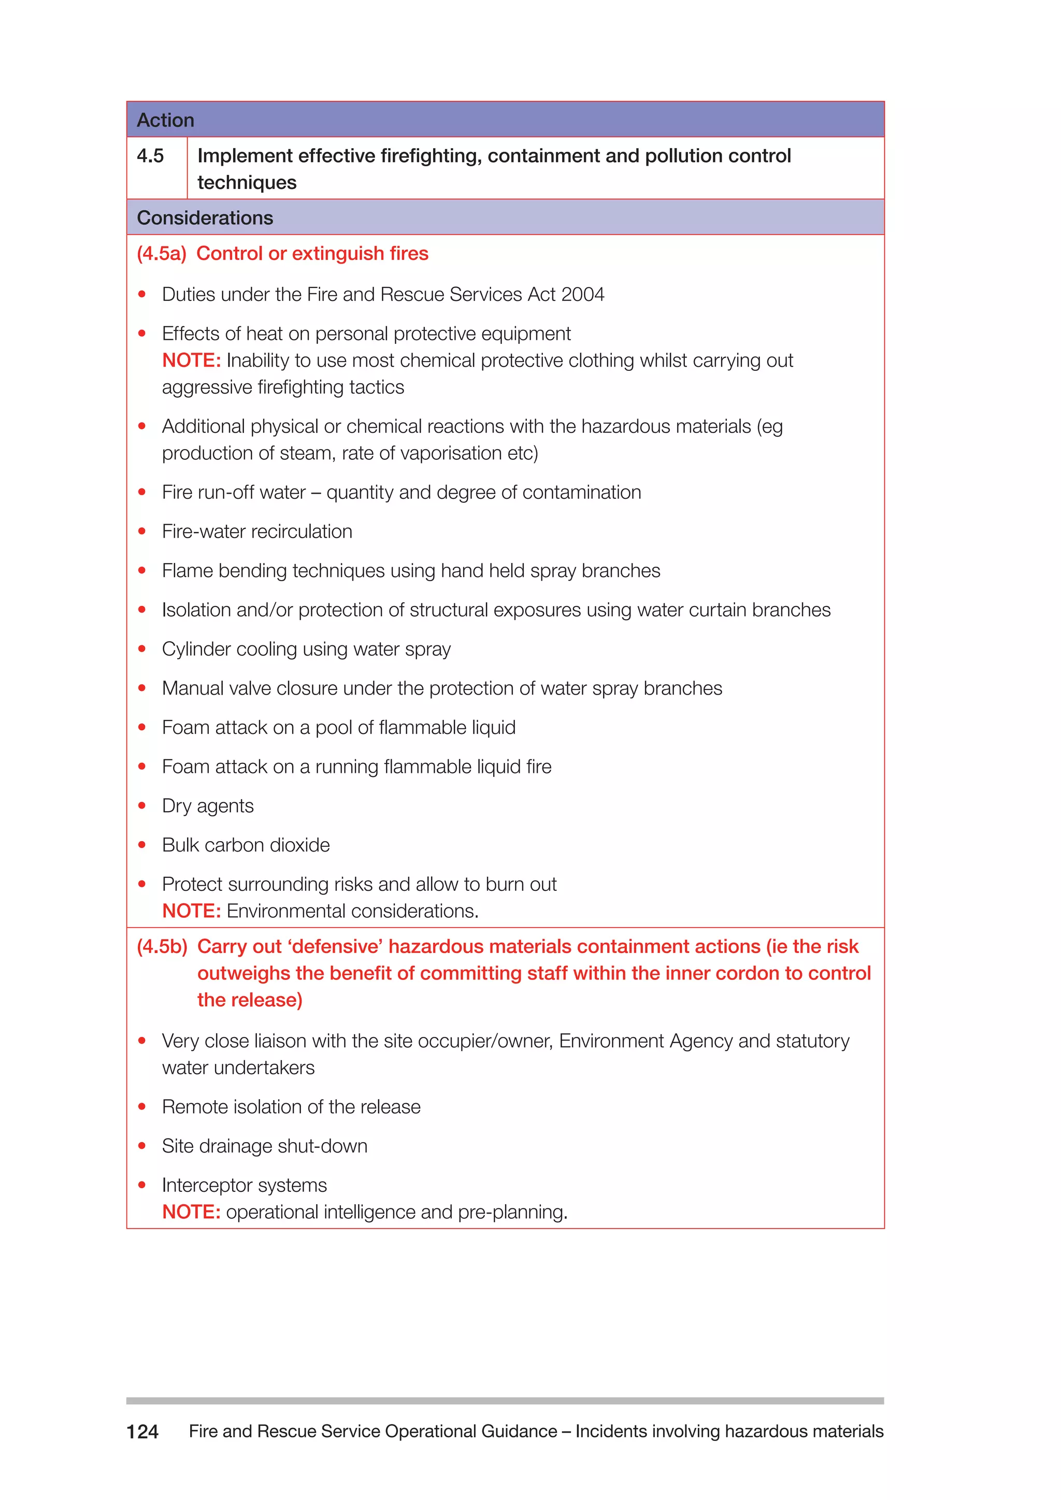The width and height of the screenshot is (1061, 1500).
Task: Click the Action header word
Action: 165,120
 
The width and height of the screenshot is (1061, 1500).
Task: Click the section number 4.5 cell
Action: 150,156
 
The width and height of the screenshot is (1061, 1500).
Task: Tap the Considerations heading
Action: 205,218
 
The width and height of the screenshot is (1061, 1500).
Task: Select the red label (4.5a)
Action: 161,253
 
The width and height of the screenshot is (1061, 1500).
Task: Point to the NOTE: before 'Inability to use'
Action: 191,360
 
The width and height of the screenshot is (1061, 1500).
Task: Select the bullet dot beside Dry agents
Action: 142,805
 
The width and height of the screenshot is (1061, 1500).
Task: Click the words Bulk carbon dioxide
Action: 246,845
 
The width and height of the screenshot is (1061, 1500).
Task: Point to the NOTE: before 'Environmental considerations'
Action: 191,912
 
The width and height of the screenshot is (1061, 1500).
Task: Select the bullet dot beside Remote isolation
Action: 142,1107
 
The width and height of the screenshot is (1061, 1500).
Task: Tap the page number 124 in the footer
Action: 142,1432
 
